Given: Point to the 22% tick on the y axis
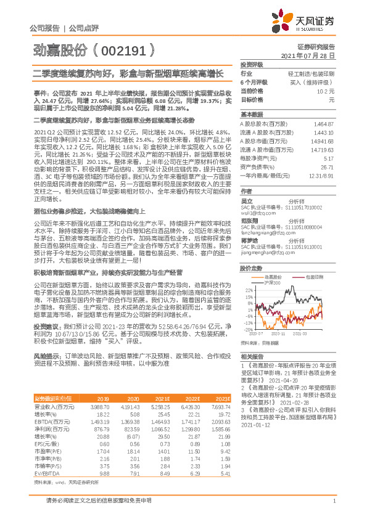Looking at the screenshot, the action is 247,288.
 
